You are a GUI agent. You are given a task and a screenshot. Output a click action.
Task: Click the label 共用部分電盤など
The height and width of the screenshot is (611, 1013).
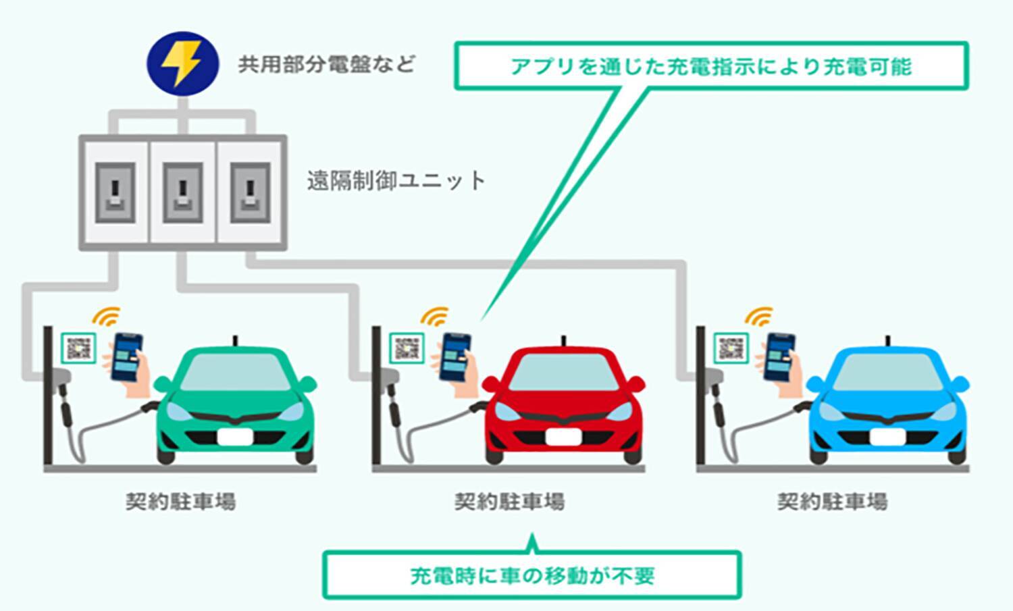[x=326, y=65]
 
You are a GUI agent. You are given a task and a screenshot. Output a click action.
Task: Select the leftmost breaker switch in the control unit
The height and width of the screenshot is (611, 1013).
[x=115, y=193]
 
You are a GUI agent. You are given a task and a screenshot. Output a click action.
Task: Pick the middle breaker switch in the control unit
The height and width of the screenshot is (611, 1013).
[x=182, y=193]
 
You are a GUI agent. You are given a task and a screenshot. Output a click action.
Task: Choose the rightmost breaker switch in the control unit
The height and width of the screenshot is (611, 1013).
[x=250, y=193]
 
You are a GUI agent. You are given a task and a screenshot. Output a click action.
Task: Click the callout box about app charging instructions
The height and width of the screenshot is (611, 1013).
[x=711, y=66]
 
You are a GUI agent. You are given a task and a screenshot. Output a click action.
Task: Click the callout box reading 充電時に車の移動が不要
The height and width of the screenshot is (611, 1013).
[x=532, y=576]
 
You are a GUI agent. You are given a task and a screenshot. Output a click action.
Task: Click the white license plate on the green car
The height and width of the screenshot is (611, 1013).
[x=235, y=437]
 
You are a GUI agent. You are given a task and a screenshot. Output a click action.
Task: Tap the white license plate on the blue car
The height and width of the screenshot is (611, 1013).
[x=887, y=437]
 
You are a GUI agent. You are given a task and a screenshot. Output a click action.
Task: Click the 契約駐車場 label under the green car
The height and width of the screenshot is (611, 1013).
[x=180, y=502]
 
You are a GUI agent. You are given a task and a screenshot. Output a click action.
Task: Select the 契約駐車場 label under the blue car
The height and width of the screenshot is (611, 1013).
[x=832, y=502]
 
